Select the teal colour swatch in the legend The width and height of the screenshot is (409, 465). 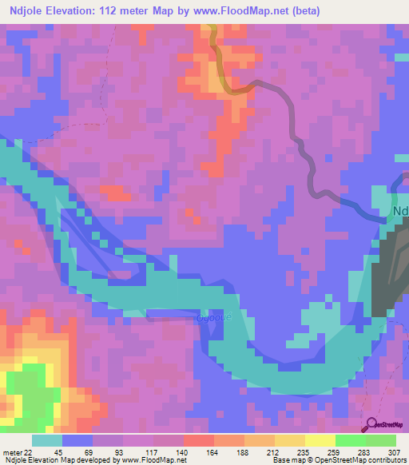(x=47, y=439)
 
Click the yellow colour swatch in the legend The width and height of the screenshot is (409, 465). (x=320, y=439)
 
